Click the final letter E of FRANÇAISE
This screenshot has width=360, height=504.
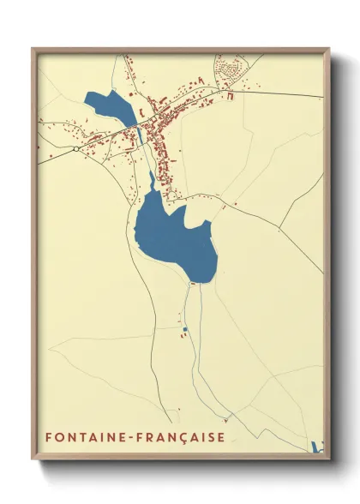221,437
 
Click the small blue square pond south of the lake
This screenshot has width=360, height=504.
183,328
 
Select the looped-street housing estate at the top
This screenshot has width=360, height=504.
229,69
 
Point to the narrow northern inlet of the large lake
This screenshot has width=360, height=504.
153,181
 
